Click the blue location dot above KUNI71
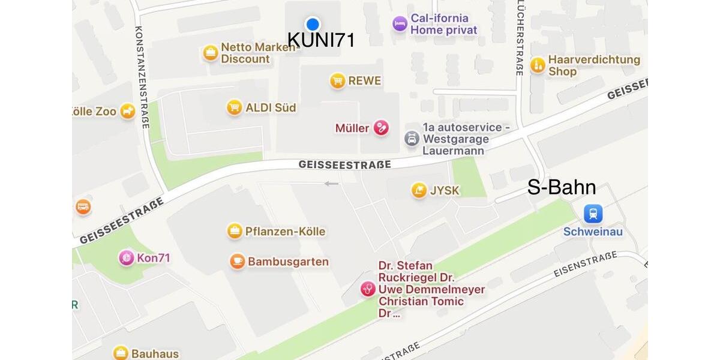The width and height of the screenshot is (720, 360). (313, 24)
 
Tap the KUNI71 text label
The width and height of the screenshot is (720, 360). (321, 40)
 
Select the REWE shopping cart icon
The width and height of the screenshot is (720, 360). (338, 80)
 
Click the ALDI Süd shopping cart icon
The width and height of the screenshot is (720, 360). (235, 107)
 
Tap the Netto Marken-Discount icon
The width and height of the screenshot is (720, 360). (211, 53)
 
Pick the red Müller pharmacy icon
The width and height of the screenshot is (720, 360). (381, 128)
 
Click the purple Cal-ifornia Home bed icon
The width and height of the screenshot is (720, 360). (400, 24)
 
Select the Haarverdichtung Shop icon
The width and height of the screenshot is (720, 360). (538, 65)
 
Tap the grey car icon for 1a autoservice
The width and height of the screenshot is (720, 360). (412, 139)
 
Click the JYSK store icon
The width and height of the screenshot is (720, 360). (419, 190)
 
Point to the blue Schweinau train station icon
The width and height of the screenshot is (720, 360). (593, 214)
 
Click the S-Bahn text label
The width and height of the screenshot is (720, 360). (562, 188)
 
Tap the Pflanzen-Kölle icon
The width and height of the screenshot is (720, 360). (235, 231)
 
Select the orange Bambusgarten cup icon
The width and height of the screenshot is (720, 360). (238, 262)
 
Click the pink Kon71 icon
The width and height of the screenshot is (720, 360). (127, 258)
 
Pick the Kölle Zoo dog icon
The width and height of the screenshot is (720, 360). (127, 111)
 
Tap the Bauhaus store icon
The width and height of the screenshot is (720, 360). (121, 353)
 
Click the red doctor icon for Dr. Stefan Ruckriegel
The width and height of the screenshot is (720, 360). (368, 289)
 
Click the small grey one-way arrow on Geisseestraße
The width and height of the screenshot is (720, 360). (331, 184)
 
